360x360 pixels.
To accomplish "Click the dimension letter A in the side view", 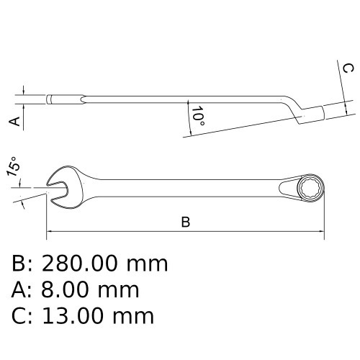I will tap(14, 121).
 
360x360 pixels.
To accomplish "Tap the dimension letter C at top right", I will tap(347, 69).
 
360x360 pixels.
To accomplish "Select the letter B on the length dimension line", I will tap(185, 222).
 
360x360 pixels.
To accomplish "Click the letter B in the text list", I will tap(19, 264).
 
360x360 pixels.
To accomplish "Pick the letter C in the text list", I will tap(19, 315).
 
